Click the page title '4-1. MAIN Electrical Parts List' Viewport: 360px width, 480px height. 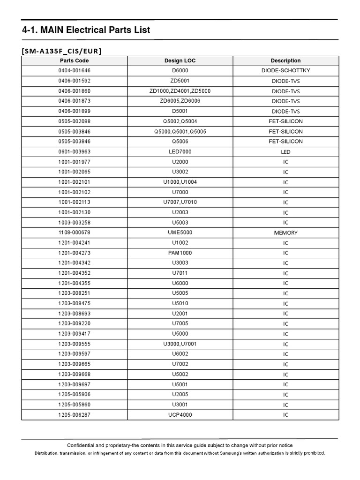coord(86,30)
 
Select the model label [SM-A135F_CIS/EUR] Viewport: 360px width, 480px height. coord(61,51)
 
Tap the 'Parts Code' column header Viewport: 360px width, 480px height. coord(74,60)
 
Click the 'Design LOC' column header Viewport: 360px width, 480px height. coord(180,60)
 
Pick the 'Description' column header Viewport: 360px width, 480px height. coord(285,60)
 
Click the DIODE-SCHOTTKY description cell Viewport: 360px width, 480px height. coord(285,71)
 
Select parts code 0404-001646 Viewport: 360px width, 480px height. coord(74,71)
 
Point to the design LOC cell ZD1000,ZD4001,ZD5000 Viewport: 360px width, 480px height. coord(180,91)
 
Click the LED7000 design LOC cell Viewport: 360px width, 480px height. coord(180,152)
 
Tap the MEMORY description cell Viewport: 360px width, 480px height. coord(285,233)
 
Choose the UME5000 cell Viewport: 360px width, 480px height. coord(180,232)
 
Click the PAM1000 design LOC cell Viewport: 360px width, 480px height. coord(180,253)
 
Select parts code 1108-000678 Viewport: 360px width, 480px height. coord(74,232)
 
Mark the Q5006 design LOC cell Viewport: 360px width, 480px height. coord(180,142)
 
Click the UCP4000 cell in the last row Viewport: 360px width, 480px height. coord(180,415)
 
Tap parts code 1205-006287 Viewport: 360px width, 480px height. coord(74,415)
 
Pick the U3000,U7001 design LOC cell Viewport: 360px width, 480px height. coord(180,344)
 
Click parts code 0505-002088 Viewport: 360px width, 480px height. coord(74,121)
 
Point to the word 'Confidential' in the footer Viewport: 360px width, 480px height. coord(82,445)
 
